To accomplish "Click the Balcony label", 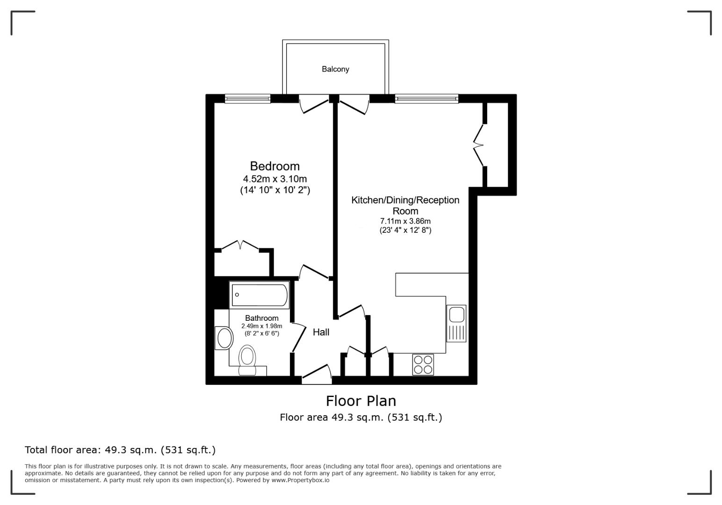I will click(x=335, y=69).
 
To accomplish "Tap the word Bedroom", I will click(x=274, y=166).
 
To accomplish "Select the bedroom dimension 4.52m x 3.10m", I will click(x=274, y=179).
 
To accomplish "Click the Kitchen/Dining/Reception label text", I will click(x=405, y=200).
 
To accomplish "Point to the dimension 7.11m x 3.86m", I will click(x=405, y=221).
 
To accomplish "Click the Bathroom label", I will click(x=261, y=318).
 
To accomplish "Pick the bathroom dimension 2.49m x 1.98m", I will click(x=261, y=326).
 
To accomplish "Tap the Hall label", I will click(x=321, y=332).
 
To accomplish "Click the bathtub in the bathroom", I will click(x=260, y=295).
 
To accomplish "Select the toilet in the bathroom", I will click(x=247, y=359).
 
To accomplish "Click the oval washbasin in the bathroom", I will click(x=224, y=338).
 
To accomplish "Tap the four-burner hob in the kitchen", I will click(x=423, y=365).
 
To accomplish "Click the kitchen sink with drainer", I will click(x=456, y=323).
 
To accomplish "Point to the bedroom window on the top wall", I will click(x=247, y=99).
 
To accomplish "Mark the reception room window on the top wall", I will click(x=426, y=99).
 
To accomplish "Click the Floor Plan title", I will click(x=361, y=401).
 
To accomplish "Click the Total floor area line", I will click(x=120, y=450).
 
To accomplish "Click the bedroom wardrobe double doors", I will click(x=240, y=245).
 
